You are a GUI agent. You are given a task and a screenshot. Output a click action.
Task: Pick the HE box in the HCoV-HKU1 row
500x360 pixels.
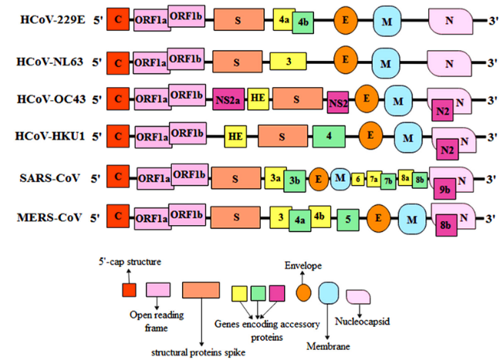pos(235,136)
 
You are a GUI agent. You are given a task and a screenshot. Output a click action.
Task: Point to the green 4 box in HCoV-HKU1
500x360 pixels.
pos(329,136)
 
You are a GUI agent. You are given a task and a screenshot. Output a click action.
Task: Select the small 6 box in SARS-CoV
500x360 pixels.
pos(357,178)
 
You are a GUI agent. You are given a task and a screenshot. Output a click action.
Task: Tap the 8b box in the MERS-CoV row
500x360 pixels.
pos(446,227)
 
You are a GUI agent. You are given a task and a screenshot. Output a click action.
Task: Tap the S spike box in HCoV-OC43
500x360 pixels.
pos(296,99)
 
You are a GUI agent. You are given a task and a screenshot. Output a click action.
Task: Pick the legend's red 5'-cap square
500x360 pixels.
pos(130,290)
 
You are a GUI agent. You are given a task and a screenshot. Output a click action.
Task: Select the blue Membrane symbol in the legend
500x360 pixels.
pos(329,291)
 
